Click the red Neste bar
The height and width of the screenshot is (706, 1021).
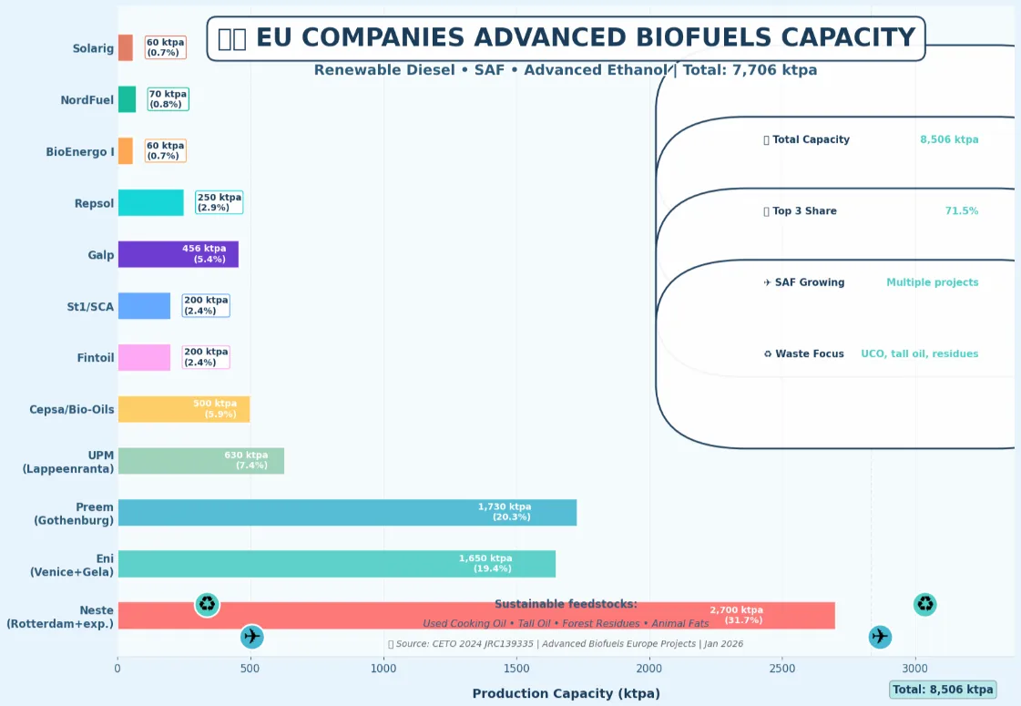pos(364,616)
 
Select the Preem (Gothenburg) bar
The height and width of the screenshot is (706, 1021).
pos(346,512)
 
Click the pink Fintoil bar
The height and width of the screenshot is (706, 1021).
pos(144,357)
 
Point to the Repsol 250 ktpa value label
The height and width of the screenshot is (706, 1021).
pos(220,202)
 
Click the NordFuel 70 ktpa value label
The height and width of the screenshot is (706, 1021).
pos(168,99)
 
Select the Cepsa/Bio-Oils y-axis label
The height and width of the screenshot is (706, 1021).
pos(72,410)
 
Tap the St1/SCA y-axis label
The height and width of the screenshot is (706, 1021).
pos(90,307)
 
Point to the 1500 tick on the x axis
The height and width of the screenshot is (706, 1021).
pos(516,669)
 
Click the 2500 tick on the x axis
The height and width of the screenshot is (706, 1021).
pos(781,669)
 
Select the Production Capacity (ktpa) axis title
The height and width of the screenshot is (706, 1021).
pos(566,693)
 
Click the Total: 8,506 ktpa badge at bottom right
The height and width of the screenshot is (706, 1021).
pos(943,690)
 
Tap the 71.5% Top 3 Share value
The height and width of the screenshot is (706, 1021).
pos(961,211)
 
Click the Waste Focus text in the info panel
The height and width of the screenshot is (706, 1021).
pos(809,354)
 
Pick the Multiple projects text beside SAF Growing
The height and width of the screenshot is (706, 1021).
pos(932,282)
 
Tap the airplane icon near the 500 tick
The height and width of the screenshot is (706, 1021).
pos(252,637)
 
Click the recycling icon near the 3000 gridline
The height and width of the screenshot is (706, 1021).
pos(925,604)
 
